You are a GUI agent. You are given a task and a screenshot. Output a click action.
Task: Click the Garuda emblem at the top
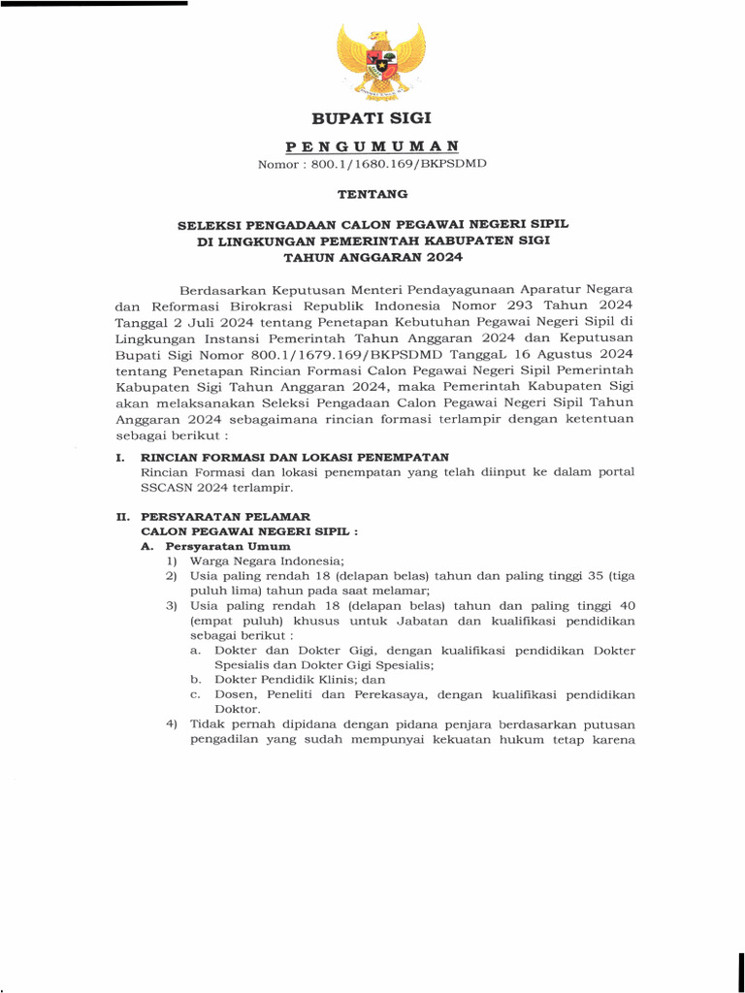(x=380, y=61)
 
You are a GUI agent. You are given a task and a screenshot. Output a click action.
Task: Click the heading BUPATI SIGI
(x=372, y=119)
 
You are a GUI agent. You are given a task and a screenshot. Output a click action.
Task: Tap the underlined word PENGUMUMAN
(x=372, y=145)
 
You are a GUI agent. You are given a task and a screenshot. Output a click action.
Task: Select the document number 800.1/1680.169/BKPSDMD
(x=399, y=164)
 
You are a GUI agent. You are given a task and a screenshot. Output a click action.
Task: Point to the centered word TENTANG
(x=372, y=194)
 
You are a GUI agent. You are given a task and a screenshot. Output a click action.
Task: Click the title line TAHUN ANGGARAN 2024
(x=372, y=258)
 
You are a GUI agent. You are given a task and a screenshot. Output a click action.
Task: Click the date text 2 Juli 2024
(x=200, y=322)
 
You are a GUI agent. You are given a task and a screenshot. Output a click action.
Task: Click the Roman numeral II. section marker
(x=122, y=518)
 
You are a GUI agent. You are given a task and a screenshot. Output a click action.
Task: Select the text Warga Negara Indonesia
(x=266, y=561)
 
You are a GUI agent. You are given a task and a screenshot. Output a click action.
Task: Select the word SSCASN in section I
(x=165, y=488)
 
